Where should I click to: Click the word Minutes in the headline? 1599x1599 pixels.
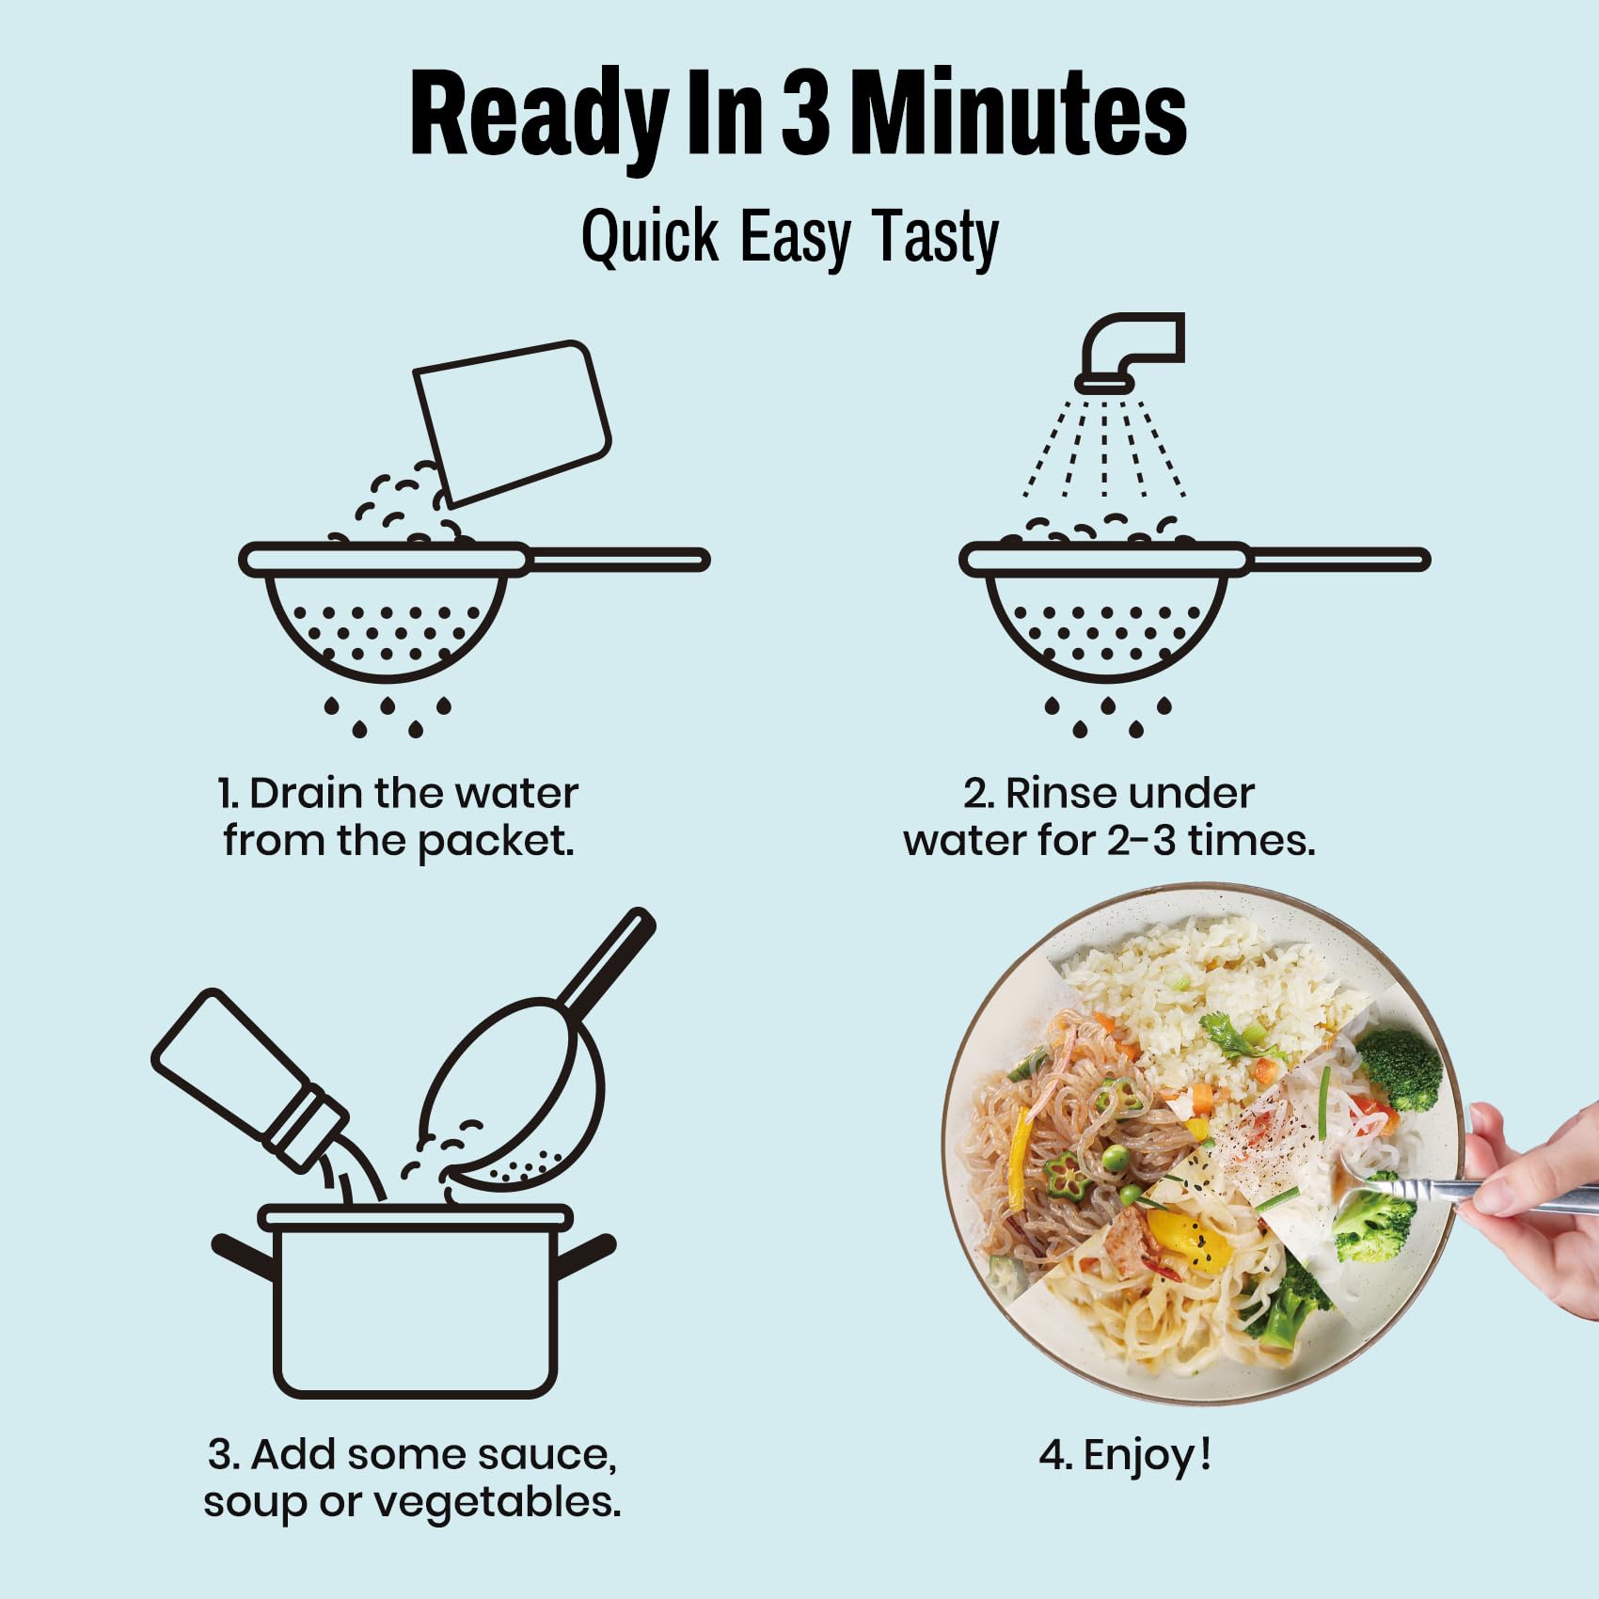pos(1018,115)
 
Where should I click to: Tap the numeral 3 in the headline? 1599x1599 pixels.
pos(805,115)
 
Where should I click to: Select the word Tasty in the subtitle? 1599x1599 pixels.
pos(935,238)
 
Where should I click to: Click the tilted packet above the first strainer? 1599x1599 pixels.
pos(514,423)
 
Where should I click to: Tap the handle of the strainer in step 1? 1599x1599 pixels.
pos(617,561)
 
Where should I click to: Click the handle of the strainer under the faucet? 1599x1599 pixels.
pos(1338,561)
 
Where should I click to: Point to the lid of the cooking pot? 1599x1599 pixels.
pos(415,1218)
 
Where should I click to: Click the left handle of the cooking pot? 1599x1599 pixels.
pos(242,1258)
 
